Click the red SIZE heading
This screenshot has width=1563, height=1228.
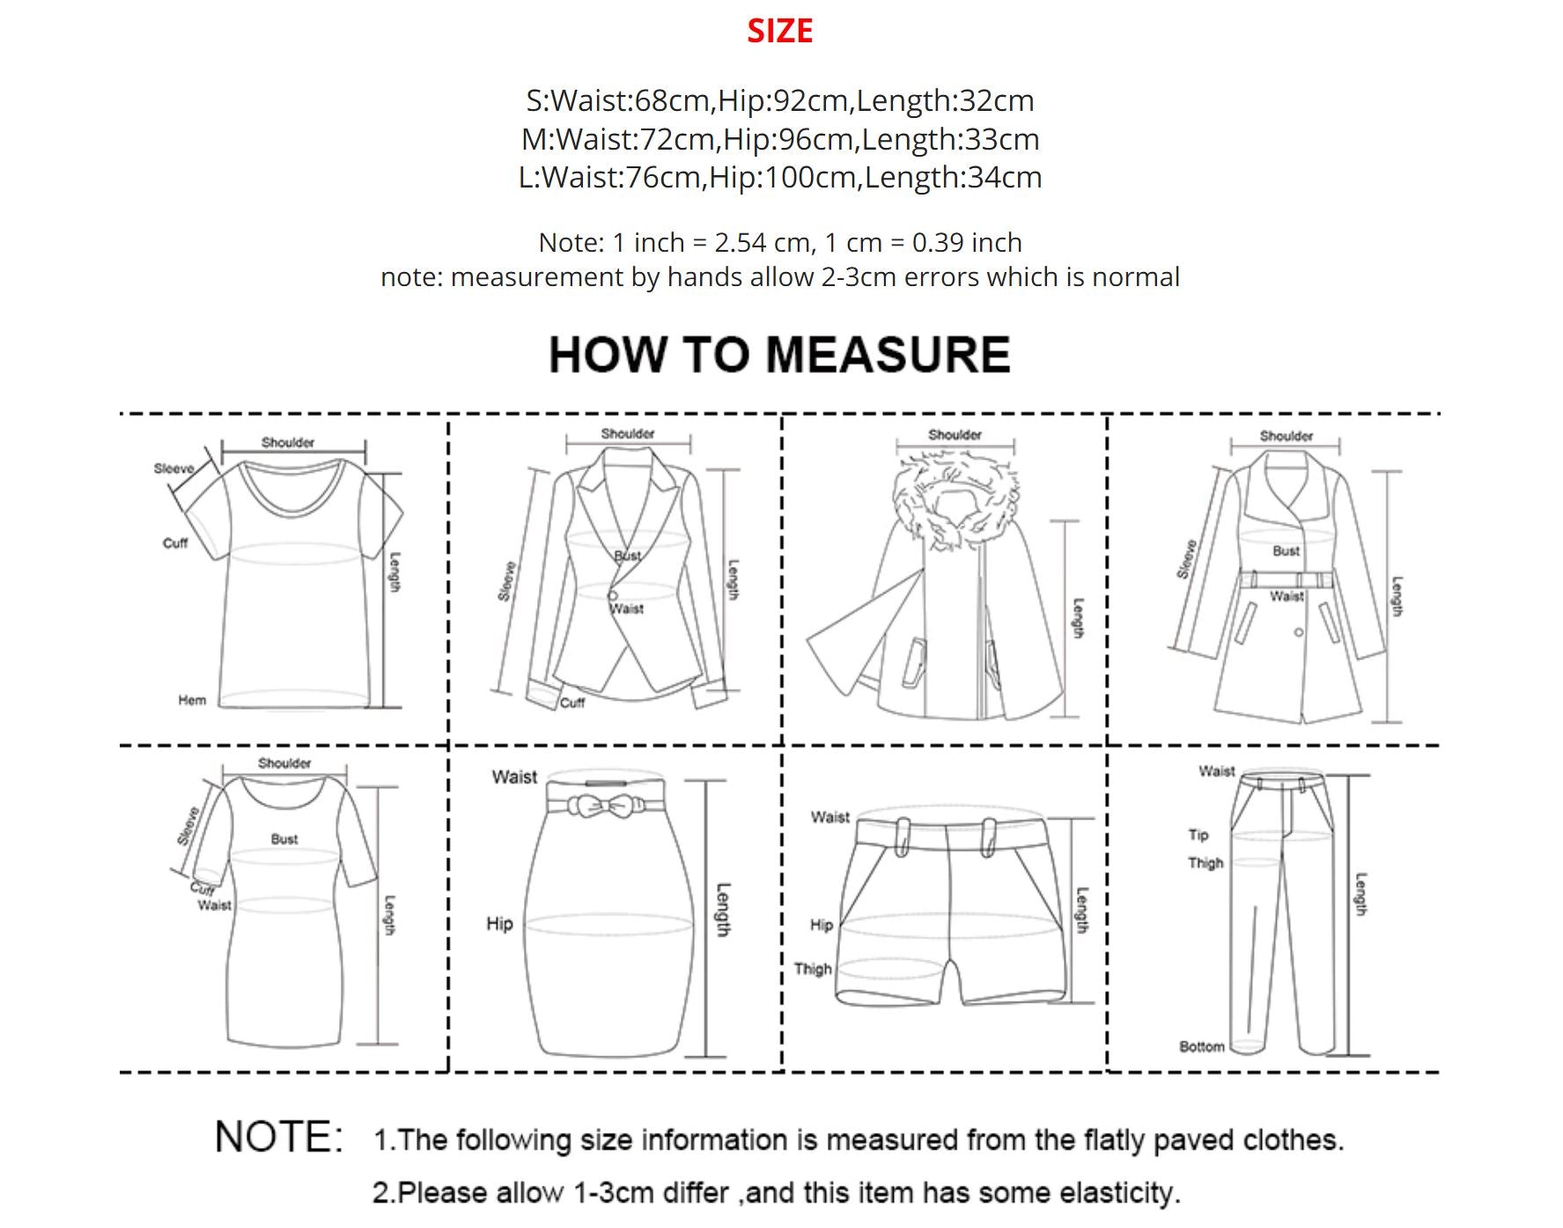(x=780, y=31)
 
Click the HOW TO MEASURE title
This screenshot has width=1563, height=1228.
(x=779, y=355)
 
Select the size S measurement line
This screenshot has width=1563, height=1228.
(x=780, y=100)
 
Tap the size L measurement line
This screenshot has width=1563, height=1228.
(x=780, y=177)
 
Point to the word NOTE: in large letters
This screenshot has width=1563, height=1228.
(x=279, y=1137)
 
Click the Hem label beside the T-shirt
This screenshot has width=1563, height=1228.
(x=192, y=701)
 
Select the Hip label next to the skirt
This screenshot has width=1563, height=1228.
(x=499, y=923)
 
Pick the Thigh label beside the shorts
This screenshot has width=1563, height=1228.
(x=813, y=969)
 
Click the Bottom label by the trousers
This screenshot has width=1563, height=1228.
(x=1202, y=1047)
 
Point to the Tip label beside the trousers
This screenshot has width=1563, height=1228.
(x=1198, y=835)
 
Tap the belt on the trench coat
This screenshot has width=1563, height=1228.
(x=1287, y=579)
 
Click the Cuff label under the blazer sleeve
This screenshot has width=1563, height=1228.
(x=572, y=702)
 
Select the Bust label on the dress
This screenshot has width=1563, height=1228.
(x=284, y=839)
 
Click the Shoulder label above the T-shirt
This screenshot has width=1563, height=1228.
(x=288, y=443)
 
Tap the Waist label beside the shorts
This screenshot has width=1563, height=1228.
(x=830, y=818)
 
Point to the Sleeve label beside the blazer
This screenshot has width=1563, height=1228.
(x=505, y=582)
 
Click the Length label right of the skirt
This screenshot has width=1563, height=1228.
(x=723, y=910)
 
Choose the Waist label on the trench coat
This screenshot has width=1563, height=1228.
(x=1287, y=597)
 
